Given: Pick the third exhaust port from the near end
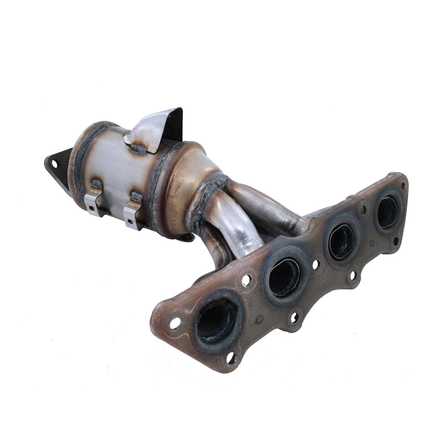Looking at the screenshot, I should (x=341, y=240).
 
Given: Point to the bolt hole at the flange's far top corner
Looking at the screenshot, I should (x=403, y=185).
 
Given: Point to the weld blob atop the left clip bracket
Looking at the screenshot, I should (x=96, y=183).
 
